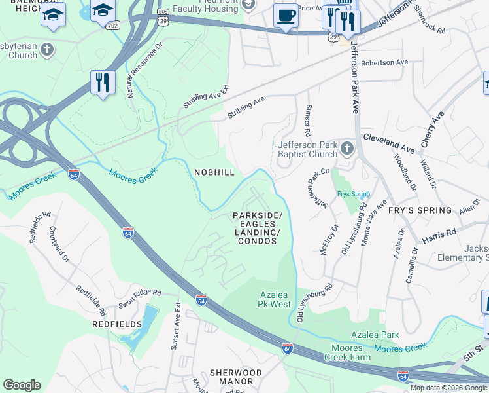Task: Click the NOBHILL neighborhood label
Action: pyautogui.click(x=214, y=172)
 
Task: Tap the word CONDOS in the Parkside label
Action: pyautogui.click(x=257, y=241)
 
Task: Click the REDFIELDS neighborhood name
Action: pyautogui.click(x=118, y=324)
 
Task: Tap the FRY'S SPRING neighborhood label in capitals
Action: pyautogui.click(x=420, y=210)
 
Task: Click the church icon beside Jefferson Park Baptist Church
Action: pyautogui.click(x=346, y=150)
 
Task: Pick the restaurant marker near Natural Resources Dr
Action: pyautogui.click(x=103, y=82)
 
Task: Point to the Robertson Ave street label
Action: pyautogui.click(x=384, y=62)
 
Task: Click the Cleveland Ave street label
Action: pyautogui.click(x=388, y=143)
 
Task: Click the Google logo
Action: pyautogui.click(x=22, y=385)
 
